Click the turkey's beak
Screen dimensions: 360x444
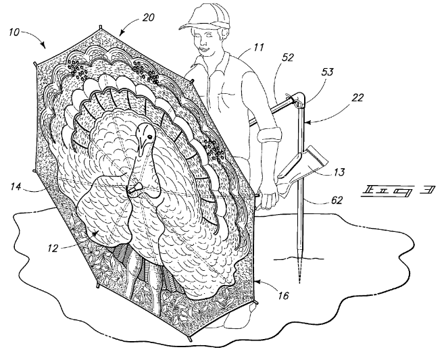[136, 185]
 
